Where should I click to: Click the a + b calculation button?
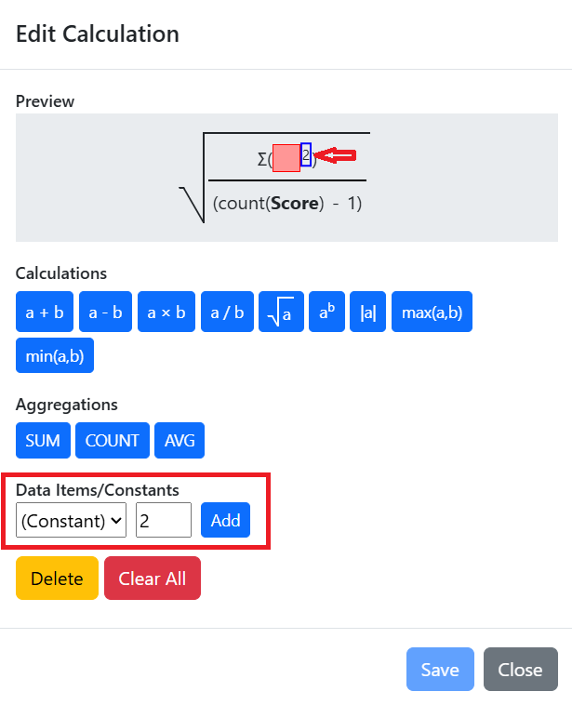[x=45, y=312]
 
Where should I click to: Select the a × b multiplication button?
[x=166, y=312]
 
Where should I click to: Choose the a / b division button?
[x=227, y=312]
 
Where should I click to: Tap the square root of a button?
[x=281, y=312]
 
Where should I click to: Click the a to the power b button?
[x=326, y=312]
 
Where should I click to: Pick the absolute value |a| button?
[x=367, y=312]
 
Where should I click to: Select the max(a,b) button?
[x=432, y=312]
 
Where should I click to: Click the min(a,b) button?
[x=55, y=355]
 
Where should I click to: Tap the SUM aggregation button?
[x=43, y=440]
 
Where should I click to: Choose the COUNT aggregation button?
[x=113, y=440]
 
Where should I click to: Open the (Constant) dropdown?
[x=71, y=520]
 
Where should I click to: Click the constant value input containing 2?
[x=164, y=520]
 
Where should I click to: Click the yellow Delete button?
[x=57, y=579]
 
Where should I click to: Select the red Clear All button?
[x=153, y=579]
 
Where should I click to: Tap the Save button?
[x=440, y=669]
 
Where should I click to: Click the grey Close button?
[x=521, y=669]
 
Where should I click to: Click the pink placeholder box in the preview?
[x=286, y=158]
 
